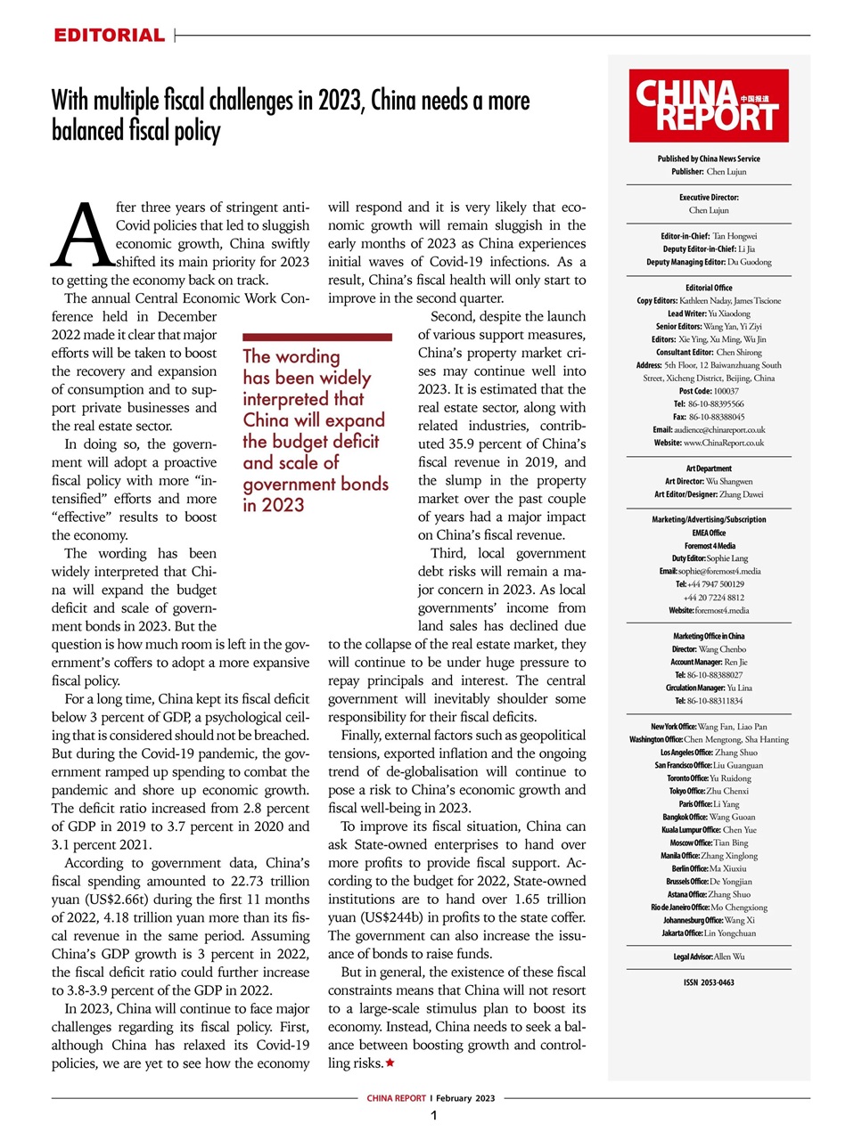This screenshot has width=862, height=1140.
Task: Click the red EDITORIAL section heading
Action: click(109, 36)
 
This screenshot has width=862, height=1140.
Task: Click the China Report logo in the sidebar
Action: click(709, 106)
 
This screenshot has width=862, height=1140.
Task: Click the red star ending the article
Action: click(390, 1063)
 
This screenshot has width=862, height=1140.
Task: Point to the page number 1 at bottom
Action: click(433, 1116)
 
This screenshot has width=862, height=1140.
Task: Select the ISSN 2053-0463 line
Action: click(709, 982)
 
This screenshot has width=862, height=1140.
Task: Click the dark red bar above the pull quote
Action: click(316, 338)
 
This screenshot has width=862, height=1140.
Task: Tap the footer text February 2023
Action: click(465, 1098)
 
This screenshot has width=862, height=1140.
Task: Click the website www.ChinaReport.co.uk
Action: click(709, 443)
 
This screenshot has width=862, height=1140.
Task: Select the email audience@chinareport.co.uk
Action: click(709, 429)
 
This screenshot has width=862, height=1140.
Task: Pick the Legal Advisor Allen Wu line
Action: click(709, 957)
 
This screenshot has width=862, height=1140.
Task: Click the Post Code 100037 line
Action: click(709, 391)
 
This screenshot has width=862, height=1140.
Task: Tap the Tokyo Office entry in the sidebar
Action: click(709, 791)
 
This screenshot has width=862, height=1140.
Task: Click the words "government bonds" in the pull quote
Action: click(316, 484)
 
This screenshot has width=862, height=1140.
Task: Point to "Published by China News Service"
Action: click(709, 159)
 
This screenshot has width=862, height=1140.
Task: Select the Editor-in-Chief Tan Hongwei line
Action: click(709, 236)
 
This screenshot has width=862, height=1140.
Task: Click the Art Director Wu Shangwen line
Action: click(709, 481)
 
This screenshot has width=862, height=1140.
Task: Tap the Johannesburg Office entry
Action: click(709, 920)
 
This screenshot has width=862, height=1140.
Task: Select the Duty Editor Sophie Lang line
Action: click(709, 558)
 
